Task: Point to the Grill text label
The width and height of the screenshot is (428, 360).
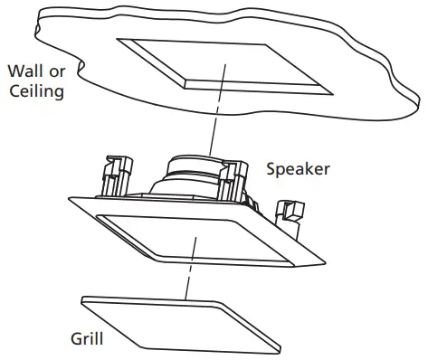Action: point(87,340)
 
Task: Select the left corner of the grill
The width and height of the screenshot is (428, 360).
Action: point(82,299)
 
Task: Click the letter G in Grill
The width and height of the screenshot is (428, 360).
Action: point(75,340)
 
